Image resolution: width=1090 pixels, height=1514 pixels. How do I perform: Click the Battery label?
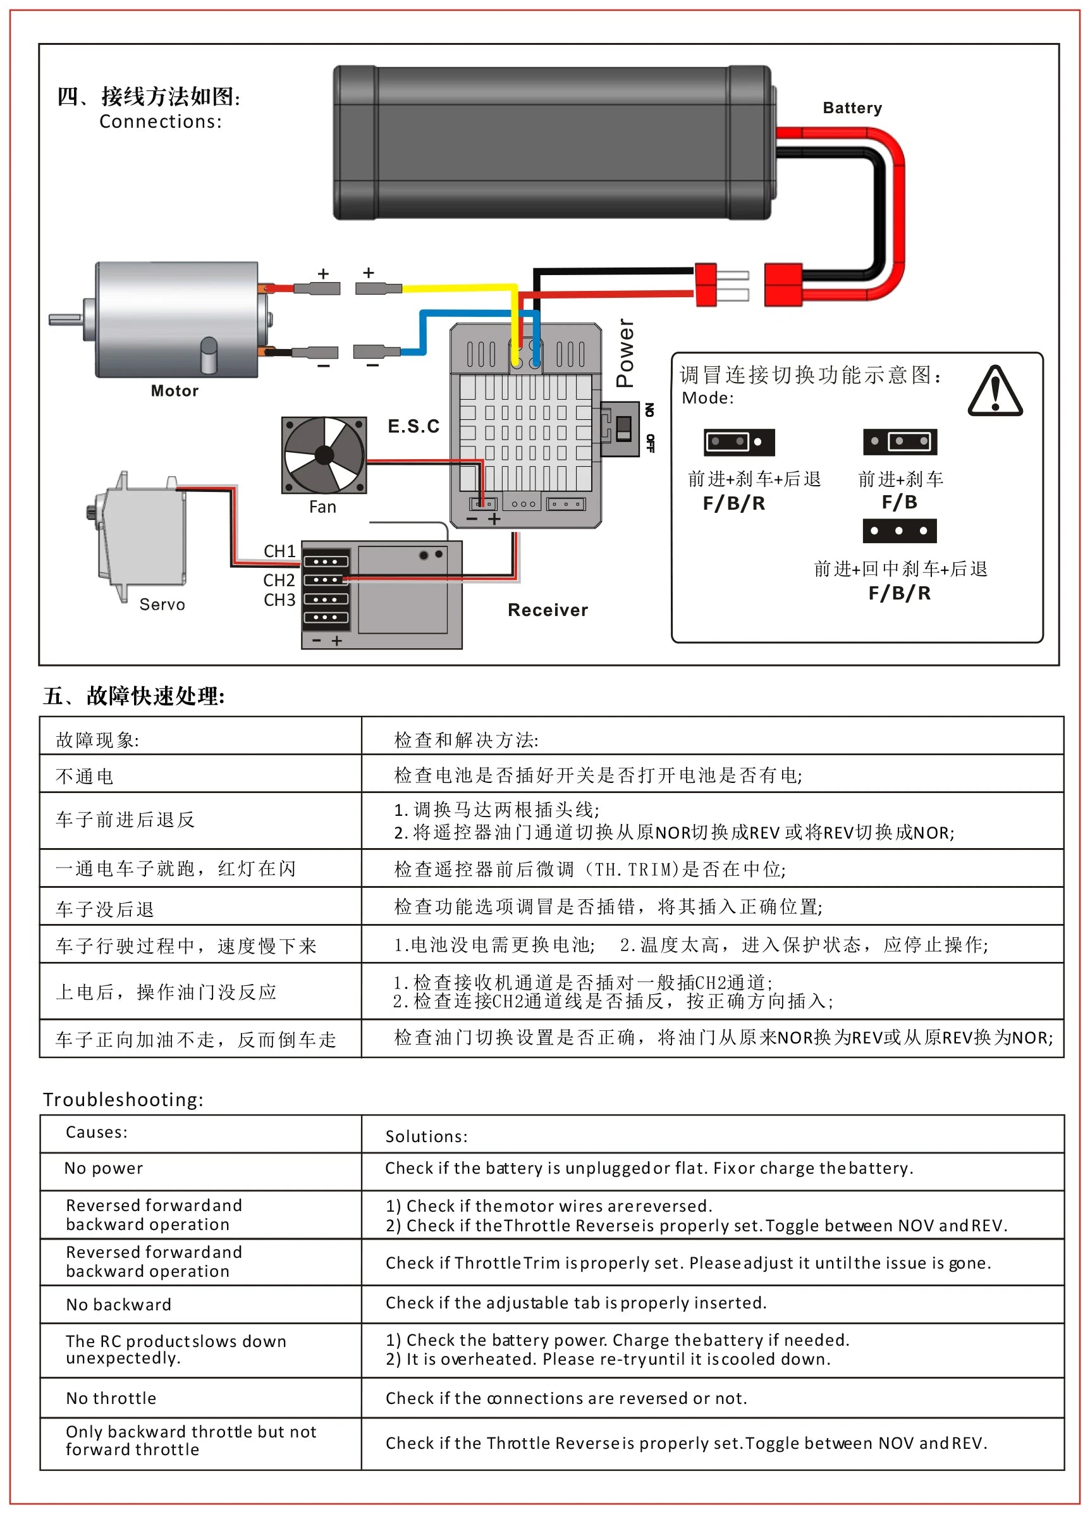tap(852, 108)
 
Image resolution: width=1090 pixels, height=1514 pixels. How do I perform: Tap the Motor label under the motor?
tap(175, 391)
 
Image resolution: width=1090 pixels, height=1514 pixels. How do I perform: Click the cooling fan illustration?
tap(324, 455)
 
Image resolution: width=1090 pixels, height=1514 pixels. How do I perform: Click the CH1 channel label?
tap(279, 551)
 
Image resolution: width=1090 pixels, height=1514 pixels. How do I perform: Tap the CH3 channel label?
tap(279, 600)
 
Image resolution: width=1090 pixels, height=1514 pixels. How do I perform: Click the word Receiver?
tap(548, 610)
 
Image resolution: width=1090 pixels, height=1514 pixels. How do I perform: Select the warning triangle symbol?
tap(995, 392)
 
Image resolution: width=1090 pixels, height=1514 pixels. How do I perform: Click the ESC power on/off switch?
tap(623, 428)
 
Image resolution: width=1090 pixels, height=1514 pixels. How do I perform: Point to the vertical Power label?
tap(625, 352)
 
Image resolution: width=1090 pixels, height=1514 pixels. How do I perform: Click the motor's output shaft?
tap(65, 320)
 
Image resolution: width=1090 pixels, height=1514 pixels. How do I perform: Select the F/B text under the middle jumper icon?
tap(899, 502)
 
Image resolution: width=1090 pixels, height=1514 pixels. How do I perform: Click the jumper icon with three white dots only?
tap(899, 531)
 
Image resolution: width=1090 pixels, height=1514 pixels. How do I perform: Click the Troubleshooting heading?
tap(123, 1099)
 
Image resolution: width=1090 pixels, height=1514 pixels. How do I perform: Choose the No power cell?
tap(104, 1167)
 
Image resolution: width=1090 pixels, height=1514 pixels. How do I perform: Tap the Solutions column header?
tap(426, 1136)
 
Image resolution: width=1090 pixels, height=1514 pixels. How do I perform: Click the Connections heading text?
tap(160, 121)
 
